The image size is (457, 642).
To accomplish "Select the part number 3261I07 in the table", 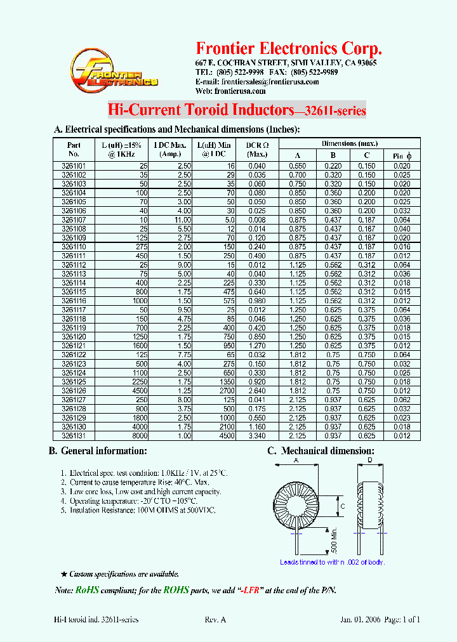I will (74, 219).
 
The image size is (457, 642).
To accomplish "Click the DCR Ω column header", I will (257, 148).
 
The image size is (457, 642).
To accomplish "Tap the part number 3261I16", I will (74, 301).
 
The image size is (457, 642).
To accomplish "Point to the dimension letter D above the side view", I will (370, 461).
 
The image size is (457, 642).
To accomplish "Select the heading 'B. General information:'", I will (98, 451).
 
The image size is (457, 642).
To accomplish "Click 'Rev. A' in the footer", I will (215, 620).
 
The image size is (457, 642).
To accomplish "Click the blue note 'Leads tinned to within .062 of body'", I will (333, 562).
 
